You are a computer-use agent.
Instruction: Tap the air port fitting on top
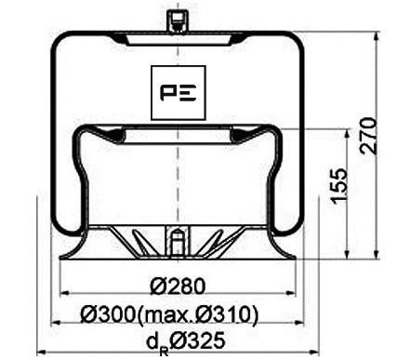coord(174,20)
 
